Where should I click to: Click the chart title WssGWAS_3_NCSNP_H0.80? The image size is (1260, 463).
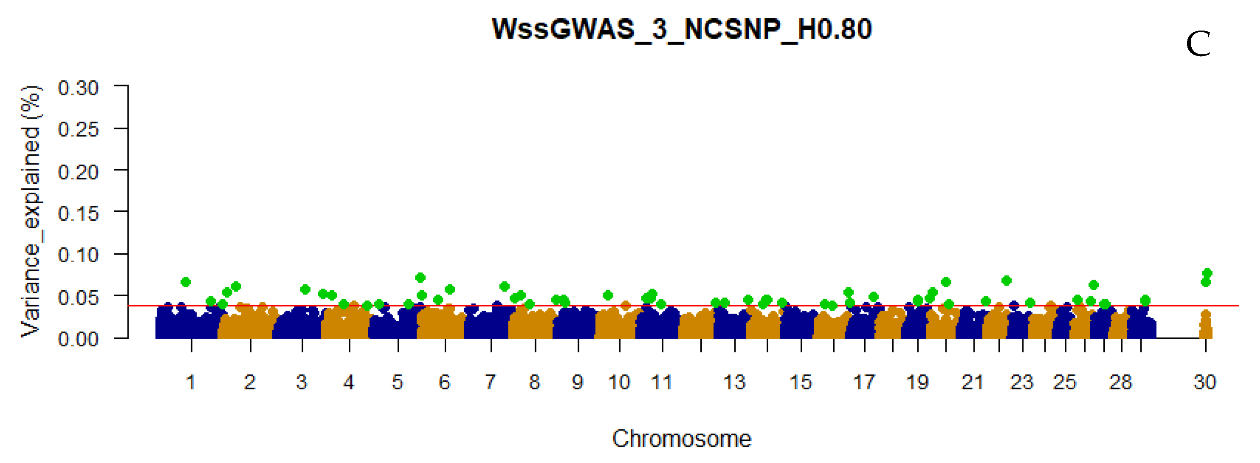(x=681, y=29)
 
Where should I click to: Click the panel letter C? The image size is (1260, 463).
(x=1198, y=45)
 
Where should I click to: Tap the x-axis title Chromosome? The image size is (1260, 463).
(x=681, y=438)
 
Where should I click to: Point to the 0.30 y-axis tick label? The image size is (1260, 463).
(x=78, y=89)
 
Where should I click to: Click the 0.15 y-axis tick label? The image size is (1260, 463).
(x=78, y=213)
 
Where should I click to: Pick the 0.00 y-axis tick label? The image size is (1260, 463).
(x=78, y=339)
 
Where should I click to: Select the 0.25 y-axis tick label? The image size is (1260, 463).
(x=78, y=130)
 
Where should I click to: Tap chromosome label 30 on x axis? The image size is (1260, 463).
(x=1205, y=382)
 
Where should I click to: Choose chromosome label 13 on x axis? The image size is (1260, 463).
(x=734, y=382)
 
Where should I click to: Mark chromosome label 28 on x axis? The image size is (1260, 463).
(x=1120, y=382)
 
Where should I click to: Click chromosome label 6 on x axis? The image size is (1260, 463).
(x=444, y=382)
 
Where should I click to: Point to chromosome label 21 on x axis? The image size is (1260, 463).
(x=972, y=382)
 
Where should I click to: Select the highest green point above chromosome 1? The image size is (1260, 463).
(x=185, y=282)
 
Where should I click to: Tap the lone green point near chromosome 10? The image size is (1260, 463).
(x=608, y=295)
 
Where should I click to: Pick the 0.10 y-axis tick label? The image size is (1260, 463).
(x=78, y=255)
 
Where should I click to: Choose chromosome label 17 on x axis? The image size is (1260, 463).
(x=864, y=382)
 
